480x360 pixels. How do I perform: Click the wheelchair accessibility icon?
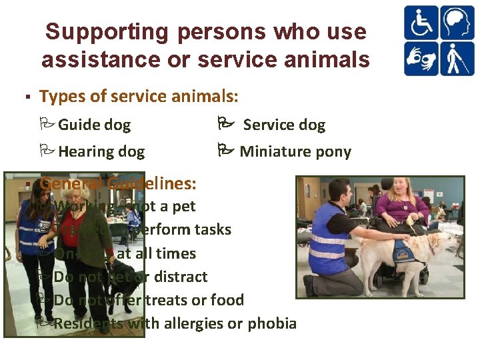421,23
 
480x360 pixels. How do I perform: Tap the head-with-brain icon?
455,23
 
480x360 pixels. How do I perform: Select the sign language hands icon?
421,59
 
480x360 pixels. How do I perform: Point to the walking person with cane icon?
455,59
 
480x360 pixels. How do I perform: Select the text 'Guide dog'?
94,125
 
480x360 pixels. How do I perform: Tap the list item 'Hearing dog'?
101,152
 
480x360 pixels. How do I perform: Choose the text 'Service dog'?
284,125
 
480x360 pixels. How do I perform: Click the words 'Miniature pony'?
295,152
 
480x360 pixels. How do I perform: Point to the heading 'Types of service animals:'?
139,97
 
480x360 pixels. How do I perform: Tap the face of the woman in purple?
405,191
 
